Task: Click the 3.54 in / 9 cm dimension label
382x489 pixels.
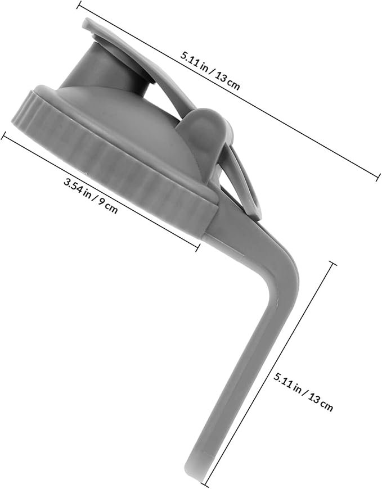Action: (x=91, y=196)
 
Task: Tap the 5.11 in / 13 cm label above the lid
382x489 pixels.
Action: (x=210, y=70)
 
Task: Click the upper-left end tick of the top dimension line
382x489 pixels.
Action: (x=80, y=5)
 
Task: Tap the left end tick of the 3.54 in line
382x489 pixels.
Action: (x=5, y=136)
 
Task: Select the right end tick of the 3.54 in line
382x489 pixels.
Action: (x=197, y=247)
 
